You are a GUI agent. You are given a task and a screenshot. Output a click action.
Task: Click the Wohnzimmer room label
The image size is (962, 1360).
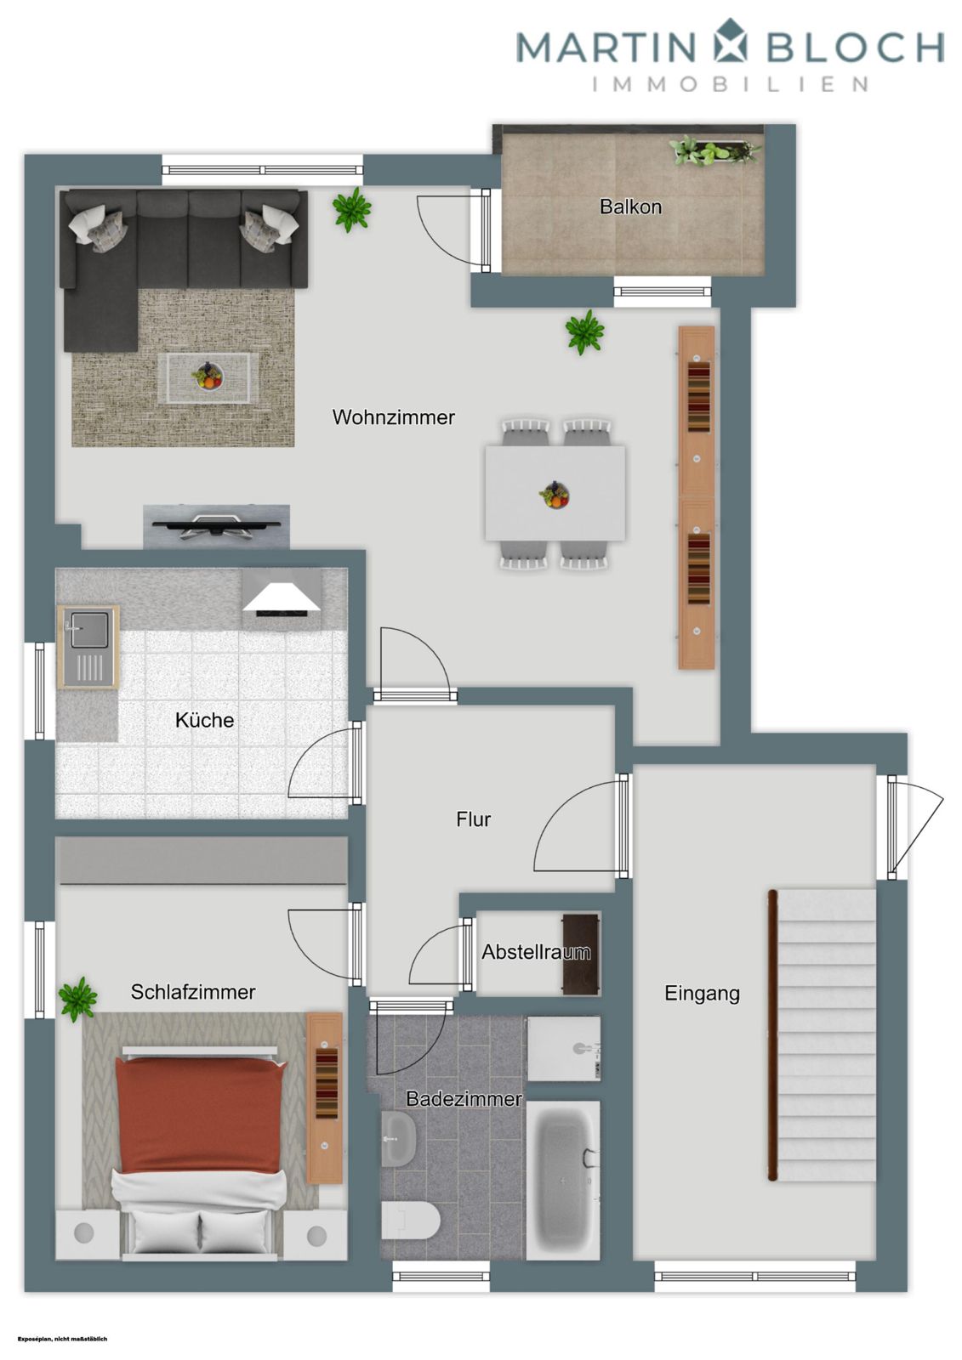click(x=393, y=417)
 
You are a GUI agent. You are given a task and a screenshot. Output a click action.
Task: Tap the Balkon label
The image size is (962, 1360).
click(x=630, y=207)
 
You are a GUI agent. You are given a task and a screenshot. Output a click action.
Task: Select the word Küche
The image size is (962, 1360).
click(x=204, y=720)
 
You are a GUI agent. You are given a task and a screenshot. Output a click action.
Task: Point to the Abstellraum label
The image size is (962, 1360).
click(x=536, y=952)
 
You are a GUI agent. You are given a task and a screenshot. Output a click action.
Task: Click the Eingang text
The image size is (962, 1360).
click(x=702, y=993)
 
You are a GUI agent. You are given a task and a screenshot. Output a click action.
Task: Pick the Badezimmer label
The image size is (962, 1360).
click(x=464, y=1098)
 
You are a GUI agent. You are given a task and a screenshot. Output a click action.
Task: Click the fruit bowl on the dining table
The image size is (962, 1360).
click(x=555, y=495)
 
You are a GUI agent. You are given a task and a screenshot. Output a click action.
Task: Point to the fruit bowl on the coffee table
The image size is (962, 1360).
click(x=208, y=376)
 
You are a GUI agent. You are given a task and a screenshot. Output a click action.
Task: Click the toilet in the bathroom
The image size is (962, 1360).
click(x=409, y=1221)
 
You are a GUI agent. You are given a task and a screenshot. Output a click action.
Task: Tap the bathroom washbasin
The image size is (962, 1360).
click(x=398, y=1137)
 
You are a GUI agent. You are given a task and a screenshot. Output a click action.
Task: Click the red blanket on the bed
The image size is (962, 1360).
click(x=198, y=1113)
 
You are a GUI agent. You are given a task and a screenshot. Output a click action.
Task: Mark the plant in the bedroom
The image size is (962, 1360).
click(x=77, y=998)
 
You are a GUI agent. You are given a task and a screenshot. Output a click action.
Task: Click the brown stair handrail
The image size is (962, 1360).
click(x=772, y=1034)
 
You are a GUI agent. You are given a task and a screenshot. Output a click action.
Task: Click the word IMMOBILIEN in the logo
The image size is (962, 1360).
click(x=731, y=84)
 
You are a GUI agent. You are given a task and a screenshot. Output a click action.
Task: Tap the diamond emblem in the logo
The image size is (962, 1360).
click(x=731, y=42)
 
